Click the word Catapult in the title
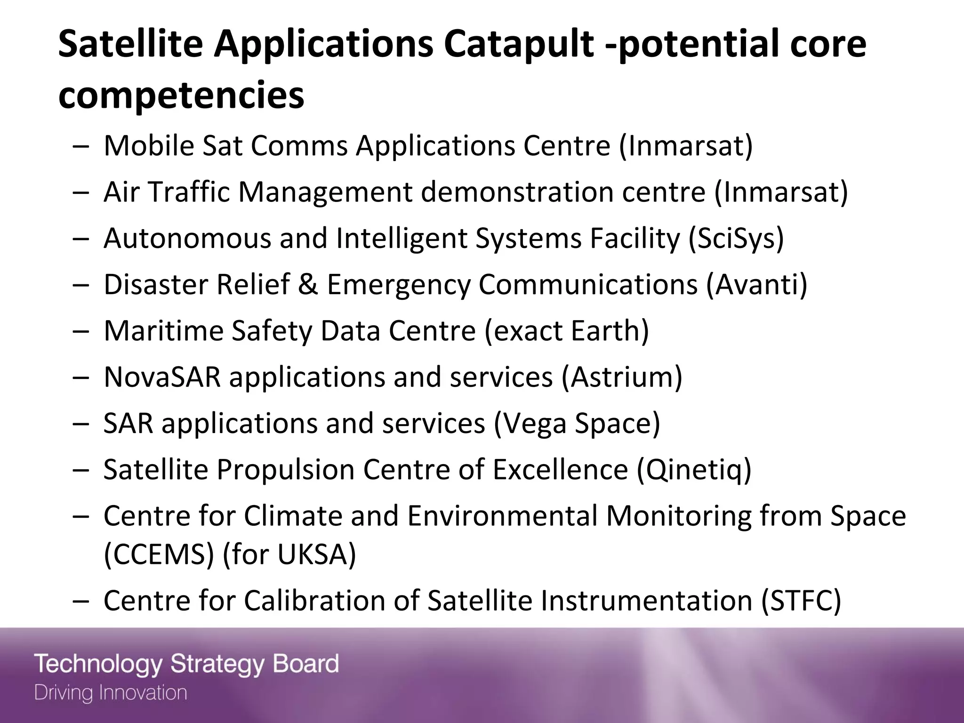(x=518, y=45)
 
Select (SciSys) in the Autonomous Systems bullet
(x=736, y=238)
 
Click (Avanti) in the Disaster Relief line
(x=756, y=285)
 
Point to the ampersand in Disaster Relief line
(x=308, y=285)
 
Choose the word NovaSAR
(x=162, y=378)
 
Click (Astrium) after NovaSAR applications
(x=621, y=378)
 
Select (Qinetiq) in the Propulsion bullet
(x=694, y=470)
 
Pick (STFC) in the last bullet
(x=801, y=601)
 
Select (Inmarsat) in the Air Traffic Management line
(x=781, y=193)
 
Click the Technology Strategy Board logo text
(x=186, y=664)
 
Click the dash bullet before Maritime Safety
(x=81, y=331)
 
